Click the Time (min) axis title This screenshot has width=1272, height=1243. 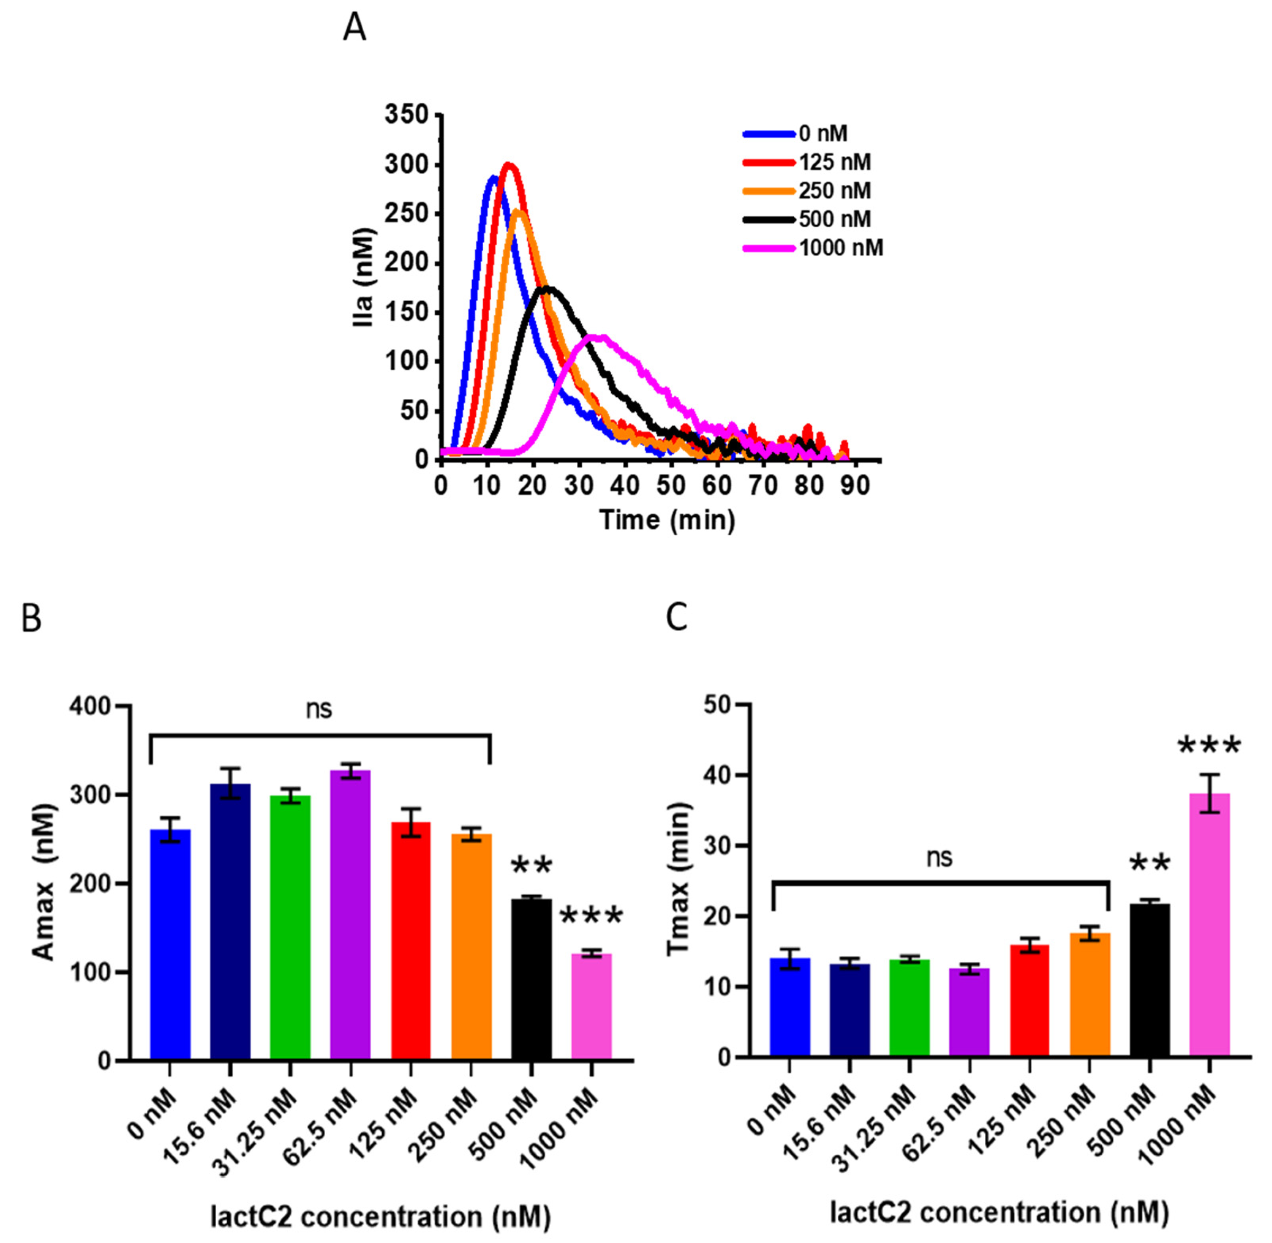[667, 520]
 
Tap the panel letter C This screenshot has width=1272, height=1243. [677, 617]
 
